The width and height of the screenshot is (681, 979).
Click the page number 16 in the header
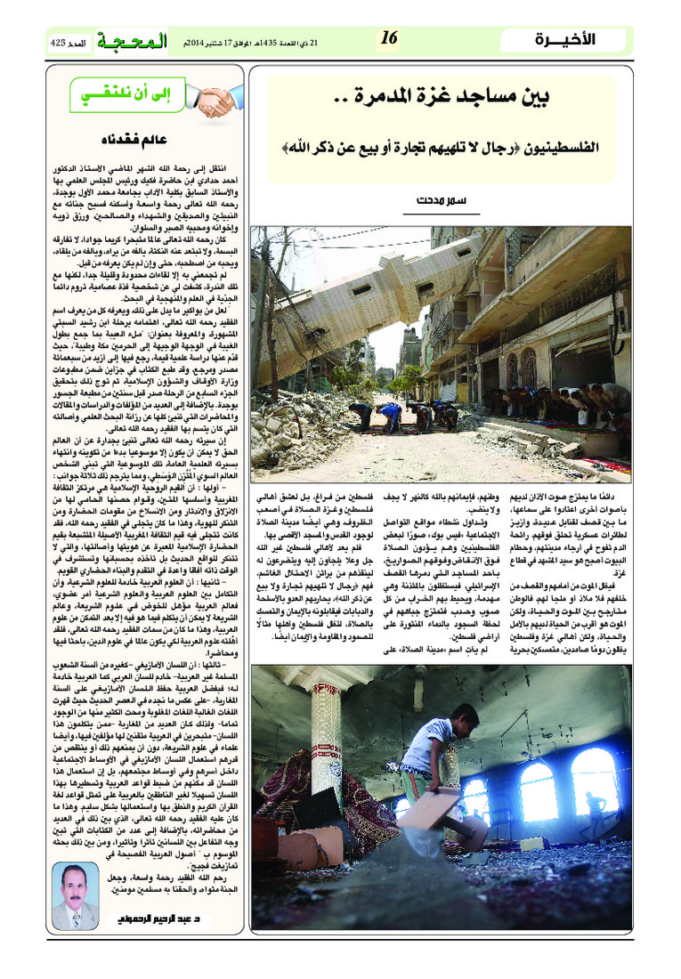coord(389,37)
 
